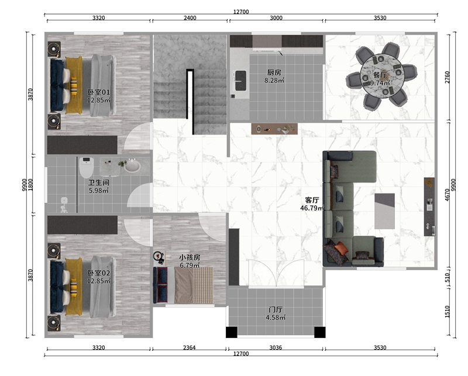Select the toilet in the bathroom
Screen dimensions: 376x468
[87, 167]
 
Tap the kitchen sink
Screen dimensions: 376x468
[241, 80]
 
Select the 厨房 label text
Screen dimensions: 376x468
[274, 73]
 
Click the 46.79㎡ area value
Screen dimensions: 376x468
[312, 208]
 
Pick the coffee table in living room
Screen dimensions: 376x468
[384, 211]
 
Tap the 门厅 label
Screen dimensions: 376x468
[276, 309]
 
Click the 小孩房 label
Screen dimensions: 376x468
[190, 257]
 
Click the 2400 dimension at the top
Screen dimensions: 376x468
[190, 18]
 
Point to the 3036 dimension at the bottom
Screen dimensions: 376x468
[276, 348]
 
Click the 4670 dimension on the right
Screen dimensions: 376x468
[448, 194]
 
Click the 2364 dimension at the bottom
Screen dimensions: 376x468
[190, 348]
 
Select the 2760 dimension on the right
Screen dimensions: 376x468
[448, 78]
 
